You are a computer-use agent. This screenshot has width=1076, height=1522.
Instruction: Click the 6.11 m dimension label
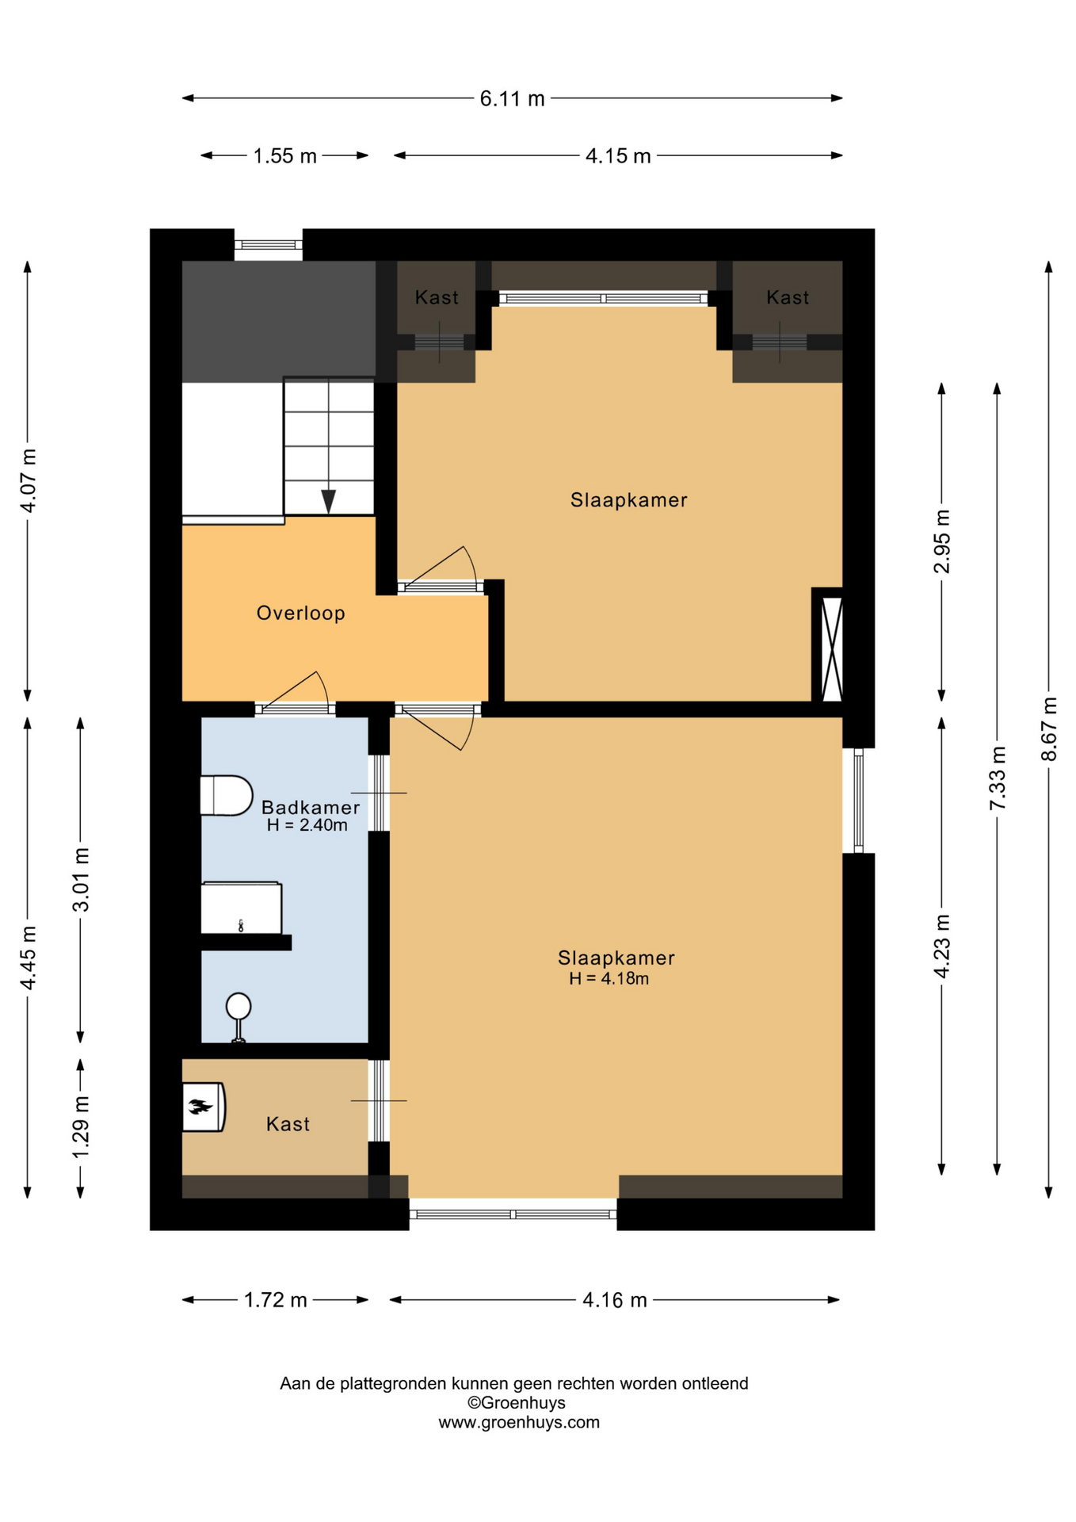(x=512, y=98)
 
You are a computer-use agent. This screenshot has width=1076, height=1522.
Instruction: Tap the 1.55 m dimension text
(x=284, y=156)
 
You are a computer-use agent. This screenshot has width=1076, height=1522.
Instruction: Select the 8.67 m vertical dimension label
(x=1049, y=728)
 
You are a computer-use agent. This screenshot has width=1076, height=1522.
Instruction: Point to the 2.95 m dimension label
(x=941, y=541)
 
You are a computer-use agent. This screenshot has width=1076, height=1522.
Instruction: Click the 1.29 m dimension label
(x=80, y=1126)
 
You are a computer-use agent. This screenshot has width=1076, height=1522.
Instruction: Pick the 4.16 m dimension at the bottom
(x=615, y=1300)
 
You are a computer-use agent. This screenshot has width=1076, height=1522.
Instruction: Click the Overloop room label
(x=301, y=613)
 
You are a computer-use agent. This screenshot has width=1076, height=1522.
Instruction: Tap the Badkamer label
(x=311, y=807)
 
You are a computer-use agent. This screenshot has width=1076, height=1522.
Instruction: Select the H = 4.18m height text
(x=609, y=979)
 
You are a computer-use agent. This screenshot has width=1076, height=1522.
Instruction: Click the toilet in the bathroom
(x=227, y=795)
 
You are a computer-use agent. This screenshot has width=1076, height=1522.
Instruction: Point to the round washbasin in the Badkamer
(x=238, y=1016)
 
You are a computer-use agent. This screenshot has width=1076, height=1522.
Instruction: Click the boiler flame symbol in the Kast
(x=200, y=1106)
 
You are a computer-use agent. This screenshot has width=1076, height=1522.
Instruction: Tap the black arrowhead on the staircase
(x=328, y=501)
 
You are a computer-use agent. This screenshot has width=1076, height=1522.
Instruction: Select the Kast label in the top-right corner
(x=788, y=297)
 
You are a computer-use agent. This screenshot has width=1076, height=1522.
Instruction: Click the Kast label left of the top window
(x=437, y=297)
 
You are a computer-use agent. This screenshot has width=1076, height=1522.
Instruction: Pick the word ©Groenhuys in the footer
(x=517, y=1402)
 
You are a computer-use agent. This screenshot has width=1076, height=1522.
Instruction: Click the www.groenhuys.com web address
(x=519, y=1422)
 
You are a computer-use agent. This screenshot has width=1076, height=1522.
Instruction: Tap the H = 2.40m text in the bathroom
(x=307, y=825)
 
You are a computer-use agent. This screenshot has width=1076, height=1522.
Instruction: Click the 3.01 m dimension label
(x=80, y=879)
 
